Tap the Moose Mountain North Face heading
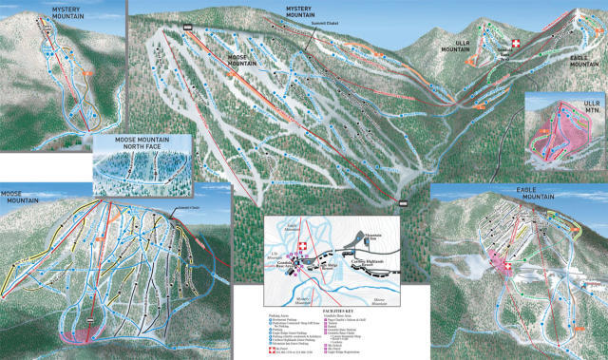(x=142, y=145)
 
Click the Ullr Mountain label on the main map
(x=455, y=44)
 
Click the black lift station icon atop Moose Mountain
(x=188, y=27)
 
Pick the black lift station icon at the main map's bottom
(x=403, y=203)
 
